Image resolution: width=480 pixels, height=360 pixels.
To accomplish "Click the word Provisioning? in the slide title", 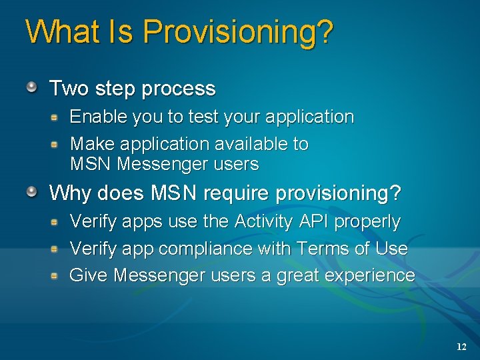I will point(237,32).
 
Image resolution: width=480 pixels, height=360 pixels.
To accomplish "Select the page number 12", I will point(461,347).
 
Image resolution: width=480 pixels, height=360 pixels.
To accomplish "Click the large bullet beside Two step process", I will point(32,87).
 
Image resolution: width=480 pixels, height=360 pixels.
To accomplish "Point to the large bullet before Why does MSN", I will point(32,192).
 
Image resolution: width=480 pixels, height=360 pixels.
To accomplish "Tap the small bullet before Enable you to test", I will point(56,116).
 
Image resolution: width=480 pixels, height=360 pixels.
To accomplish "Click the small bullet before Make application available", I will point(56,143).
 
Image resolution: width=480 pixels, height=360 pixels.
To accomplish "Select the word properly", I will point(367,222).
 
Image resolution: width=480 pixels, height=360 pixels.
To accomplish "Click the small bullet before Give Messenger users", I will point(56,275).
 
